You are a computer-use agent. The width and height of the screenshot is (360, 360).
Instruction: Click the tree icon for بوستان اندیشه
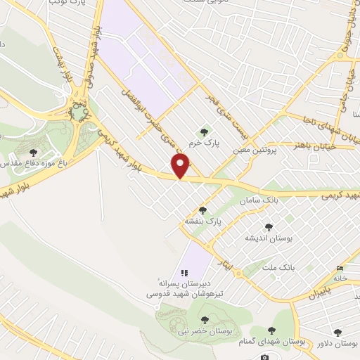pyautogui.click(x=268, y=226)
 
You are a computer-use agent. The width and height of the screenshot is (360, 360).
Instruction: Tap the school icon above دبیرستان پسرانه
pyautogui.click(x=184, y=273)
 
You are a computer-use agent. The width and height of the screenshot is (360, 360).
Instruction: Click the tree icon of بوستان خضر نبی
pyautogui.click(x=205, y=321)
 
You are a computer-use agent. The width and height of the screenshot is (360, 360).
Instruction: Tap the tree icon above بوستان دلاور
pyautogui.click(x=338, y=332)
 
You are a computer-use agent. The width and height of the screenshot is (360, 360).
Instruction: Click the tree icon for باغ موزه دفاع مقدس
pyautogui.click(x=33, y=152)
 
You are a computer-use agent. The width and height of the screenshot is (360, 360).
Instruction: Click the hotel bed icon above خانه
pyautogui.click(x=341, y=268)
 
